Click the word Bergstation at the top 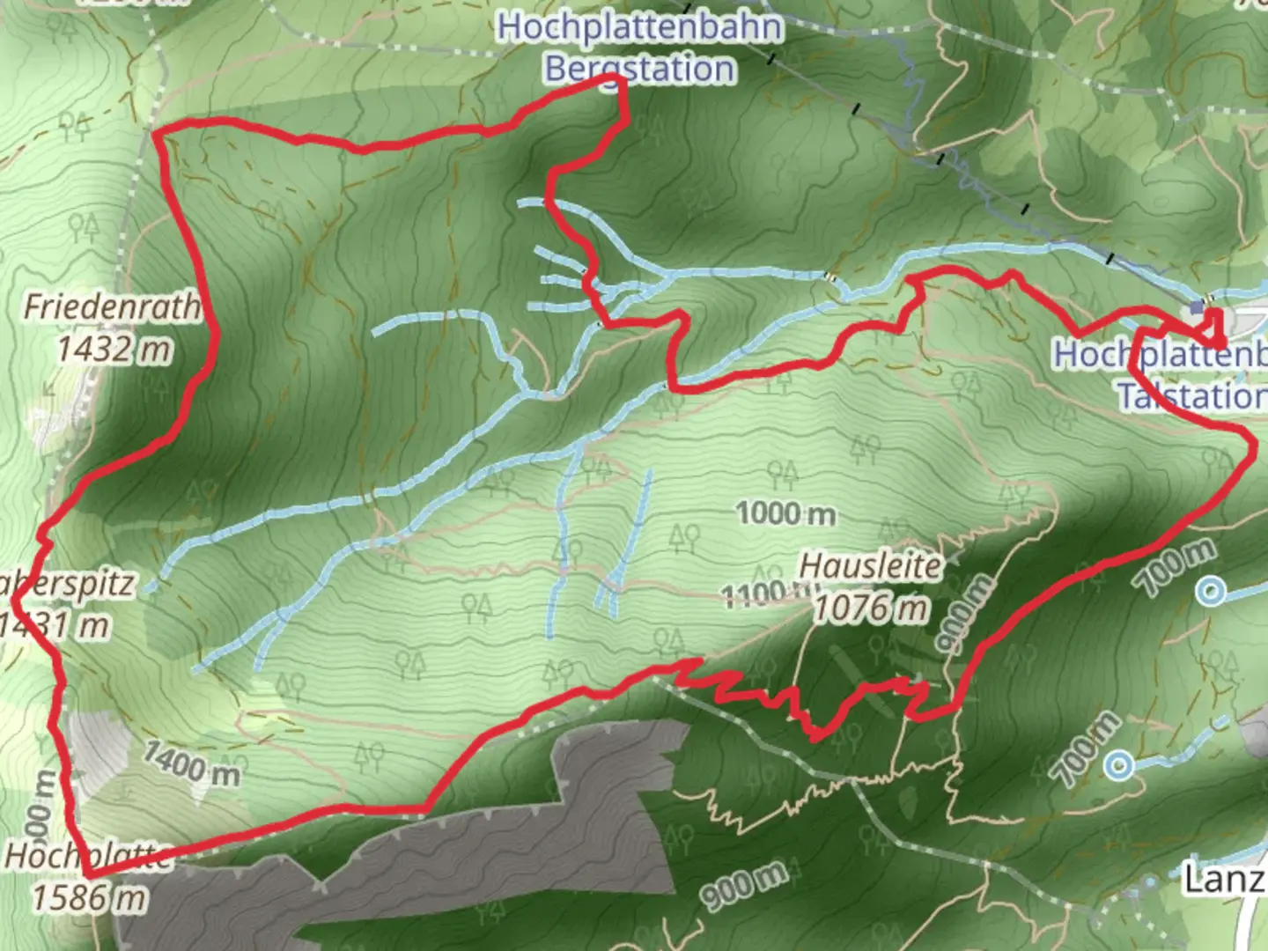tap(639, 69)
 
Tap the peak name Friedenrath tap(112, 306)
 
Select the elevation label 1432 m tap(114, 350)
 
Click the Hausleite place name tap(870, 565)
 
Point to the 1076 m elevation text tap(871, 608)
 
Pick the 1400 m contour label tap(191, 763)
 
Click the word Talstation tap(1191, 396)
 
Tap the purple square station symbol tap(1196, 307)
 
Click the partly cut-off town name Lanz tap(1224, 878)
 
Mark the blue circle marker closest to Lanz tap(1119, 764)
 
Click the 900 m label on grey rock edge tap(744, 887)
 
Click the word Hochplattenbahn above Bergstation tap(639, 26)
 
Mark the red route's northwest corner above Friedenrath tap(157, 134)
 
